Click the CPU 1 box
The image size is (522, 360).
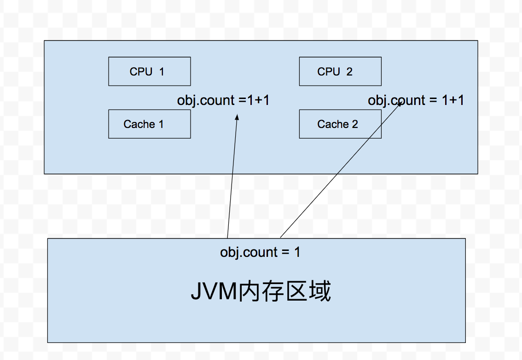click(149, 71)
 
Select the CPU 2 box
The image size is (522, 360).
click(340, 71)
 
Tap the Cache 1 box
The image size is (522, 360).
click(149, 124)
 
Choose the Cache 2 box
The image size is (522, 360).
click(340, 124)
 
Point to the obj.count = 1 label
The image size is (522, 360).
click(260, 252)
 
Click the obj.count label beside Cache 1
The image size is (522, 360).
click(223, 100)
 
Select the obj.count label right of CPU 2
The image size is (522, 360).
click(416, 100)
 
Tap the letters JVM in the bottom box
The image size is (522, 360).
click(214, 292)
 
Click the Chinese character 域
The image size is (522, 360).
click(319, 292)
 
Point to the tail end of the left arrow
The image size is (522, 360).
click(227, 238)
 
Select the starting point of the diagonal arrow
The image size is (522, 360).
click(280, 238)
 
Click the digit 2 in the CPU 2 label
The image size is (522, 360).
click(349, 71)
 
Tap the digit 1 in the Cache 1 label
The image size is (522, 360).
click(161, 124)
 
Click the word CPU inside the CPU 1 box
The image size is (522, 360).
click(141, 71)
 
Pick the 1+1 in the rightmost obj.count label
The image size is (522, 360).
click(453, 100)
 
